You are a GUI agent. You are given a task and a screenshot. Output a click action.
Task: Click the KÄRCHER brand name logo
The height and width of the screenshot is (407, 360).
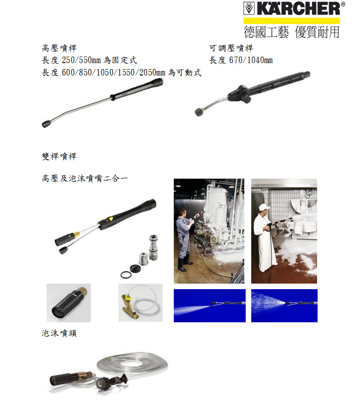[x=294, y=9]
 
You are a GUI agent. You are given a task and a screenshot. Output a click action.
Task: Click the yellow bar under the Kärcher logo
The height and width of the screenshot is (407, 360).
[x=292, y=21]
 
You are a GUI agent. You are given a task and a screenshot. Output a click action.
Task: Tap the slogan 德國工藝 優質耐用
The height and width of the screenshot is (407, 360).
[x=292, y=32]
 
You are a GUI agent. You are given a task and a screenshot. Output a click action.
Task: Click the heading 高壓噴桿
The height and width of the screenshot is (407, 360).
[x=59, y=48]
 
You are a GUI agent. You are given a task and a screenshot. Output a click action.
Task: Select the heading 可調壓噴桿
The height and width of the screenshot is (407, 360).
[x=231, y=48]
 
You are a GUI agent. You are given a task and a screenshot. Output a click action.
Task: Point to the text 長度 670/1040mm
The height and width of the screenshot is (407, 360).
[x=241, y=60]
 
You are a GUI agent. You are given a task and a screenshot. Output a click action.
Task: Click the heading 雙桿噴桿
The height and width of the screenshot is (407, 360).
[x=59, y=156]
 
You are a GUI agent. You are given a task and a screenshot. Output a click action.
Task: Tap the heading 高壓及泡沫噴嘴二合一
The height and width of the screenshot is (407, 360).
[x=85, y=178]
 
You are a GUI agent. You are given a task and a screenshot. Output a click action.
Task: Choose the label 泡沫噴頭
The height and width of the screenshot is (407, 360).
[x=59, y=333]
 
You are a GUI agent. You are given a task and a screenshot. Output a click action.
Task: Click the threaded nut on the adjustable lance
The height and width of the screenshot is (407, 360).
[x=200, y=111]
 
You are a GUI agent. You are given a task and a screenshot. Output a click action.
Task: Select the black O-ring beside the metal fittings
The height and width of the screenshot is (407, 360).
[x=125, y=274]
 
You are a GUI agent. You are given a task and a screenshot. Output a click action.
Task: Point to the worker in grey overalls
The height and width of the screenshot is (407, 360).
[x=184, y=239]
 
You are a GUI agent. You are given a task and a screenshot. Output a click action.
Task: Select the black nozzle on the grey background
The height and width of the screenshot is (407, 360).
[x=69, y=302]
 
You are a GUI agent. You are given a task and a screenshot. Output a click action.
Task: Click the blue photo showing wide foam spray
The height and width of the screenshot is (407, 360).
[x=284, y=306]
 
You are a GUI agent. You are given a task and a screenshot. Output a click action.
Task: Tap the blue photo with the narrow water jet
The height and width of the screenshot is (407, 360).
[x=210, y=306]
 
